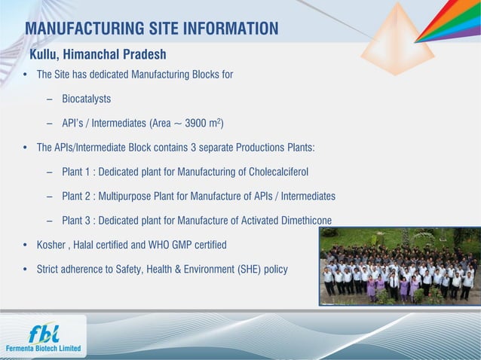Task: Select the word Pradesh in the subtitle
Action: [x=140, y=55]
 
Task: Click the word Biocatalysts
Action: [x=87, y=99]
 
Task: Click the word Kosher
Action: [x=52, y=245]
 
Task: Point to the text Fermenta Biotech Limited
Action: [x=43, y=349]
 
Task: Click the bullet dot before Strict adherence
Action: [x=26, y=270]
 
